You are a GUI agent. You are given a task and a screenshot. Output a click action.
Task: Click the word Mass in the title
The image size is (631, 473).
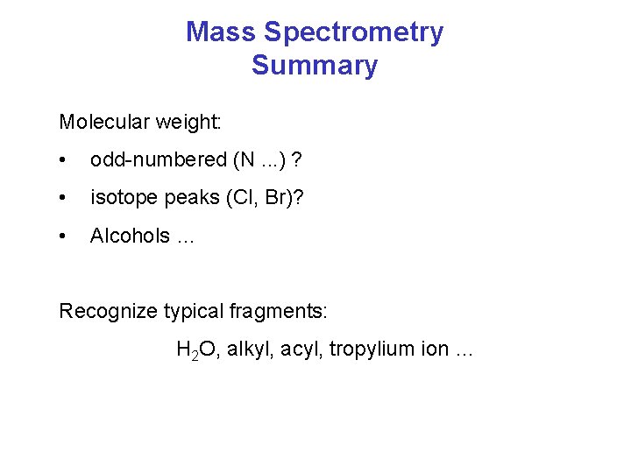coord(221,32)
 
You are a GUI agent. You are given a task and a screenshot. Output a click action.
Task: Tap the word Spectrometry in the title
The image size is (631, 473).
coord(353,32)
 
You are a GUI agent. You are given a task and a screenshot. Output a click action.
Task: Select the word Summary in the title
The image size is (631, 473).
coord(315,66)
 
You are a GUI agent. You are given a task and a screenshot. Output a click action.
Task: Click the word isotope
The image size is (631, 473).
coord(121,198)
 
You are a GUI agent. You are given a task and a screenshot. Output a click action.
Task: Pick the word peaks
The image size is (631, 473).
coord(181,199)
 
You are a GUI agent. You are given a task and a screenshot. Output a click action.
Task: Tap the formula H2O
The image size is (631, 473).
coord(199,350)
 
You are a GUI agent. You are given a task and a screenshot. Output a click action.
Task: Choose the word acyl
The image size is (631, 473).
coord(299,350)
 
